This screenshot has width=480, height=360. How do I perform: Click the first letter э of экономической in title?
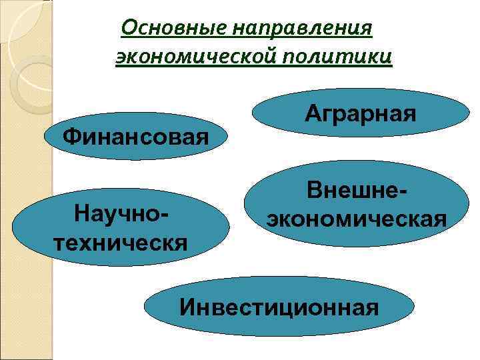pyautogui.click(x=121, y=57)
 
